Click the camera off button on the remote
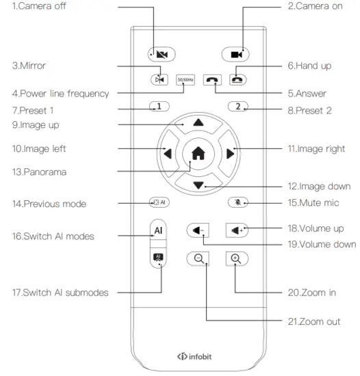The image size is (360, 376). [x=162, y=54]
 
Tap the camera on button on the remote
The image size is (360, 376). [x=235, y=54]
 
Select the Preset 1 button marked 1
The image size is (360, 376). [x=159, y=107]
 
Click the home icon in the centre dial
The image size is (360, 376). [x=198, y=154]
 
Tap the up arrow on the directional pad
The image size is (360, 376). [x=198, y=123]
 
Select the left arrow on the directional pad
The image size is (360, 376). [x=168, y=154]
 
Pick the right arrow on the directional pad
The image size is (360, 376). [x=230, y=154]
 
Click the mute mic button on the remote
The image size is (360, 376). [x=237, y=202]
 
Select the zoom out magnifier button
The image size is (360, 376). [x=198, y=258]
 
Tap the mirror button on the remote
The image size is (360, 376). [x=159, y=79]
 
